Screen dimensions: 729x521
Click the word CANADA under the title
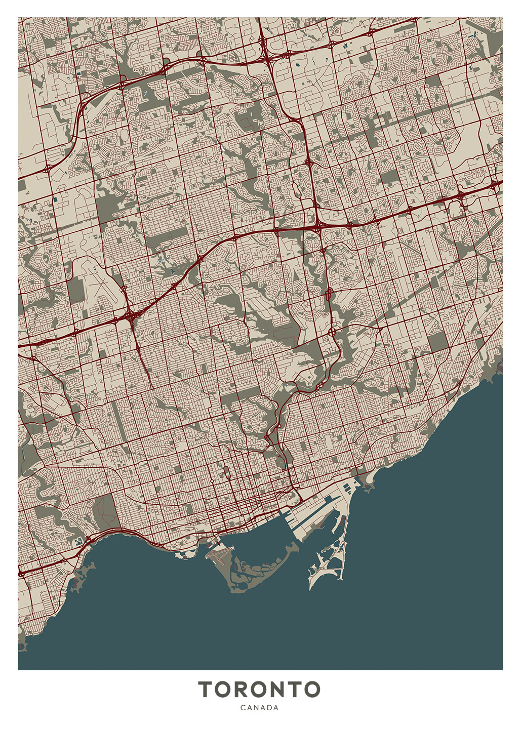coord(259,708)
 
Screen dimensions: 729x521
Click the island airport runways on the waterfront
coord(219,557)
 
